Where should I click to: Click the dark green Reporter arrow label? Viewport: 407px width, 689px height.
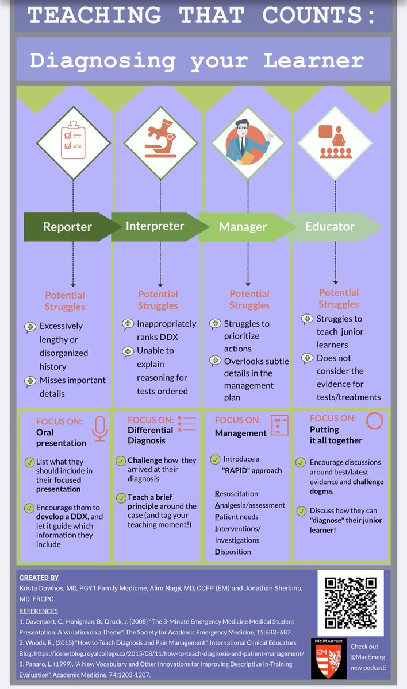pyautogui.click(x=67, y=227)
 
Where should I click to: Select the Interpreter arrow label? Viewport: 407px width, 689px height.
pyautogui.click(x=155, y=226)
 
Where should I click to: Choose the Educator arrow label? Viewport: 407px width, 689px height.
pyautogui.click(x=331, y=226)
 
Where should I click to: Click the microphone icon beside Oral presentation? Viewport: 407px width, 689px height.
pyautogui.click(x=99, y=428)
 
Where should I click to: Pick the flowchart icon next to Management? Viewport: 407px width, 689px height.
pyautogui.click(x=279, y=425)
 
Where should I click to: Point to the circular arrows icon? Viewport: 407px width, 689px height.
pyautogui.click(x=374, y=421)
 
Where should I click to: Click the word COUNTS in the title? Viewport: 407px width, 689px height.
pyautogui.click(x=320, y=14)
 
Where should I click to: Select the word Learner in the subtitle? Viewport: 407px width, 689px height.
pyautogui.click(x=314, y=61)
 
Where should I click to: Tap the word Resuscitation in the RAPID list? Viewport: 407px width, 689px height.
pyautogui.click(x=236, y=493)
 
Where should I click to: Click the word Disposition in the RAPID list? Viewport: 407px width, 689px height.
pyautogui.click(x=233, y=552)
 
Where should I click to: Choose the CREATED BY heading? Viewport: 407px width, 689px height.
pyautogui.click(x=39, y=578)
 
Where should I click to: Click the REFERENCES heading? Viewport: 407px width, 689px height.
pyautogui.click(x=39, y=610)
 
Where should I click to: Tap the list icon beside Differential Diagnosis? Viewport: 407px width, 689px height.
pyautogui.click(x=187, y=424)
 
